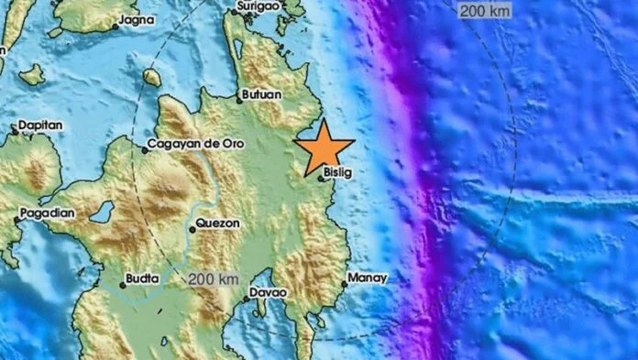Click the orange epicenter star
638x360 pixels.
click(x=326, y=147)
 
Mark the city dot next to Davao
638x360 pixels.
click(x=248, y=297)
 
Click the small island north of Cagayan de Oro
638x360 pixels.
click(x=150, y=78)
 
